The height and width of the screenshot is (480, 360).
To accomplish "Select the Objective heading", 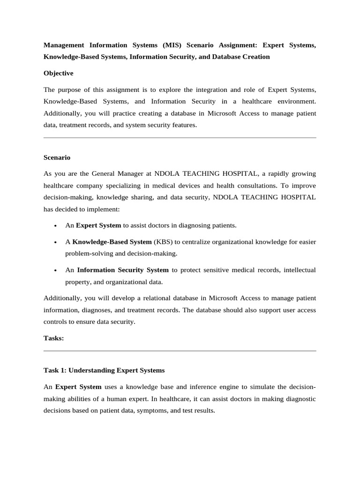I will pos(58,74).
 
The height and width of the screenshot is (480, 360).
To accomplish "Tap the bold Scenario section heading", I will pos(57,157).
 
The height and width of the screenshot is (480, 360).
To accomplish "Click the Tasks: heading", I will pos(53,338).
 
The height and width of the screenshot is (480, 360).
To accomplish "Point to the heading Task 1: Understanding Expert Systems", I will pos(104,370).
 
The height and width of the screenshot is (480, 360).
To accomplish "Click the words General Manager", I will pos(124,173).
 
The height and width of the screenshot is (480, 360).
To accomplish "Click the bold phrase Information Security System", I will pos(123,270).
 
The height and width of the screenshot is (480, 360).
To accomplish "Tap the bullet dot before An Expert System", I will pos(55,226).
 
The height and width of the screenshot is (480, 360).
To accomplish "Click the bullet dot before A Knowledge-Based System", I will pos(55,242).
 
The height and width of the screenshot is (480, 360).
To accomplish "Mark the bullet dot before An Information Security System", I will pos(55,270).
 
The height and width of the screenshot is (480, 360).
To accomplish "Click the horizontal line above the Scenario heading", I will pos(180,138).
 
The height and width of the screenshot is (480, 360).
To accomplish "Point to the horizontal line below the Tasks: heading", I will pos(180,351).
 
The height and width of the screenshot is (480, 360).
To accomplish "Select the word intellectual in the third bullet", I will pos(299,270).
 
